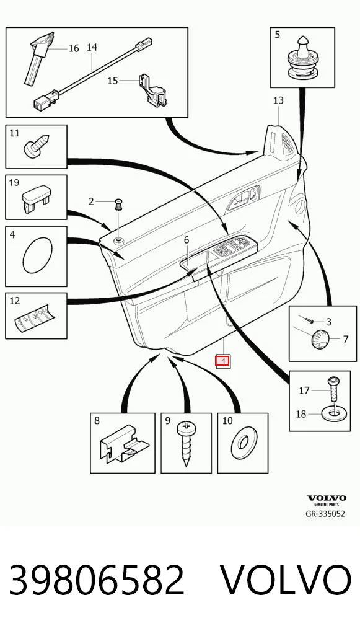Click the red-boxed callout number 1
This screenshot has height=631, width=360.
click(x=222, y=361)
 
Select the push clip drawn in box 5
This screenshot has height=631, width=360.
click(x=302, y=58)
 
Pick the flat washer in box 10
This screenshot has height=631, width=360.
click(x=242, y=443)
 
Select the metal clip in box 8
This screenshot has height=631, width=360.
click(x=124, y=444)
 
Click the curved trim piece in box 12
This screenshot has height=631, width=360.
click(x=35, y=317)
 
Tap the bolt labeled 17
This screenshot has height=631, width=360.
click(x=333, y=389)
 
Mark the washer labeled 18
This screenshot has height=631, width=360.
click(x=334, y=413)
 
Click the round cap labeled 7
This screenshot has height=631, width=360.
click(x=320, y=337)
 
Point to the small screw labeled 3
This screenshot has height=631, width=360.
click(x=309, y=320)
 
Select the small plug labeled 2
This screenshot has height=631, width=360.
click(x=119, y=204)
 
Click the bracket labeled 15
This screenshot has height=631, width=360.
click(x=152, y=90)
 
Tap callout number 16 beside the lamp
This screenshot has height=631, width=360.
click(x=74, y=49)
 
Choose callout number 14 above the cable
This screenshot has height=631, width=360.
click(x=92, y=48)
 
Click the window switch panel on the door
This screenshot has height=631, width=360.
click(x=234, y=245)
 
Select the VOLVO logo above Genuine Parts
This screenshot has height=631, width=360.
click(x=327, y=498)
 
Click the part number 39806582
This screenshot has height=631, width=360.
click(x=97, y=580)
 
